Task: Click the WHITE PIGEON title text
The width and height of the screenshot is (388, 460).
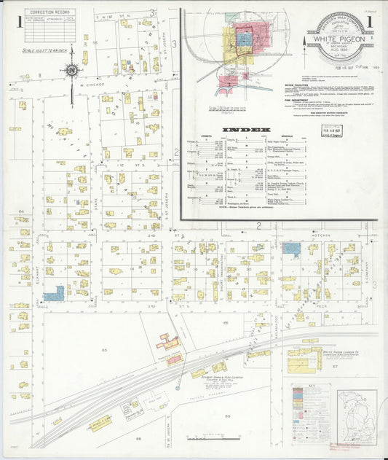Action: pyautogui.click(x=337, y=42)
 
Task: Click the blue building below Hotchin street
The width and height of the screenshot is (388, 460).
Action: pyautogui.click(x=292, y=249)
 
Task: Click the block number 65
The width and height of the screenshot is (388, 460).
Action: pyautogui.click(x=104, y=351)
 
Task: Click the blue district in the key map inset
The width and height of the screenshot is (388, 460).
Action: pyautogui.click(x=245, y=39)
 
